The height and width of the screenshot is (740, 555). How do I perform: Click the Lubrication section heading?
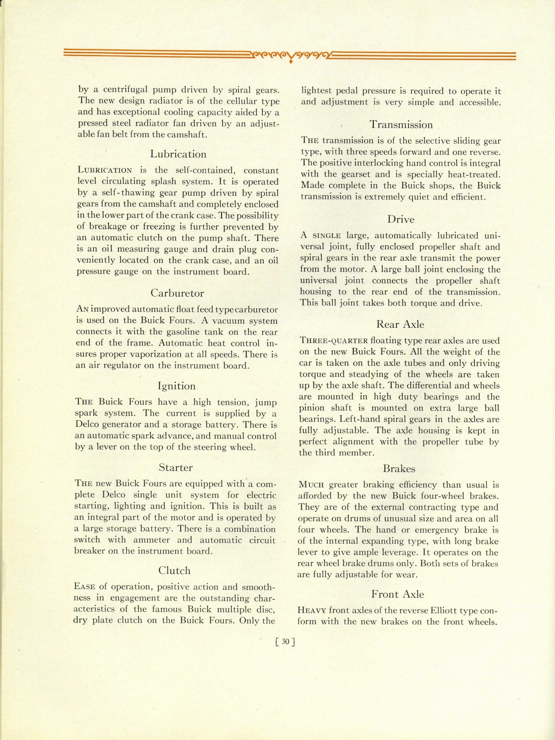(x=178, y=154)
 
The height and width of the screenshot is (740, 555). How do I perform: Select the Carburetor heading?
(x=177, y=293)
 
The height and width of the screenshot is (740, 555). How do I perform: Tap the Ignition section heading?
(x=176, y=386)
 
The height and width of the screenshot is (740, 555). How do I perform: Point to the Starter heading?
(x=175, y=467)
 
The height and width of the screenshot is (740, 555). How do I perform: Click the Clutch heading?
(x=174, y=571)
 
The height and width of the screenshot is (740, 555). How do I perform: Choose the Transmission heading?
(x=401, y=124)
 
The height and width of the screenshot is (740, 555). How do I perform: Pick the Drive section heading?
(x=401, y=219)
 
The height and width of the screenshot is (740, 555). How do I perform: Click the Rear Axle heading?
(x=400, y=324)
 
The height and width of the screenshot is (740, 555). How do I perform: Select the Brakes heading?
(x=399, y=469)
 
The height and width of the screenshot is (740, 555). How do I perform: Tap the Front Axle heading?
(x=397, y=594)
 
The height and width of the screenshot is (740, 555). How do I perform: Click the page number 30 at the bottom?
(x=285, y=641)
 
